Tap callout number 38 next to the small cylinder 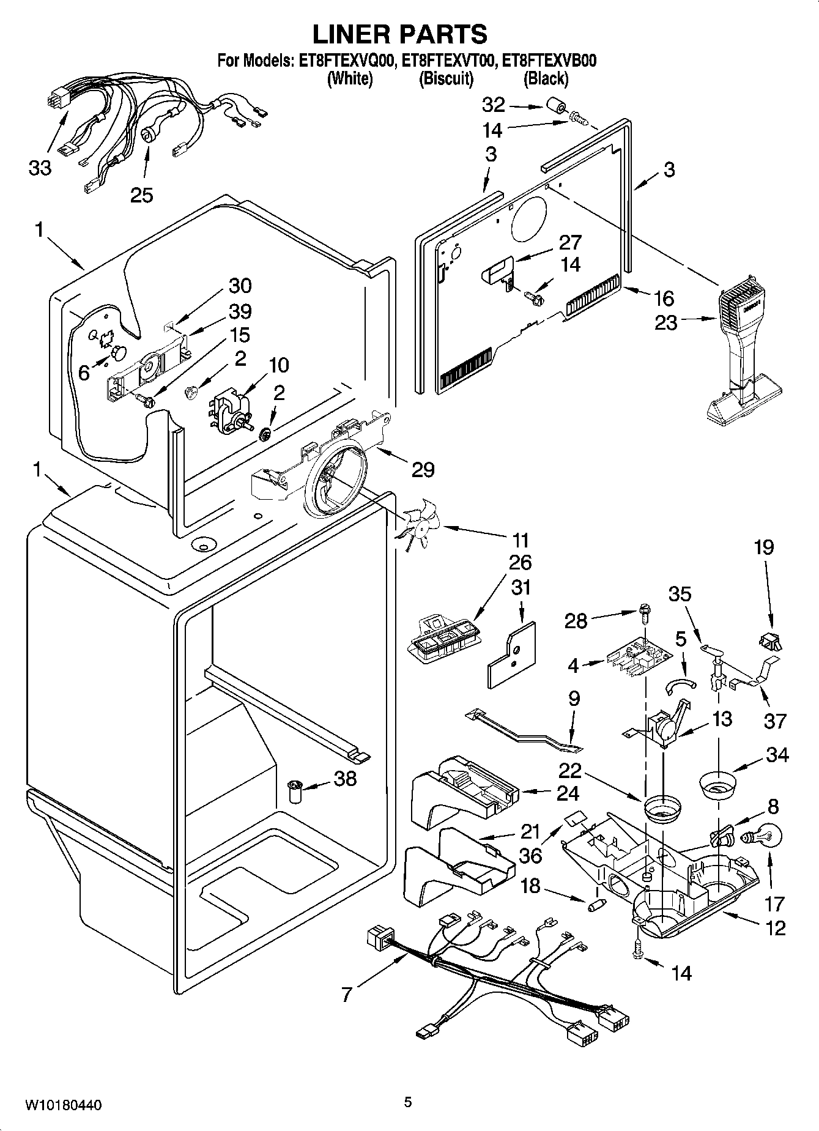pos(345,779)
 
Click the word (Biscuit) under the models pos(446,78)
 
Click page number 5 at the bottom pos(408,1102)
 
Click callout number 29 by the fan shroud pos(423,470)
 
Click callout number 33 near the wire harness pos(40,168)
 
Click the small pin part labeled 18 pos(596,905)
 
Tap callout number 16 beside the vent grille pos(664,298)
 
